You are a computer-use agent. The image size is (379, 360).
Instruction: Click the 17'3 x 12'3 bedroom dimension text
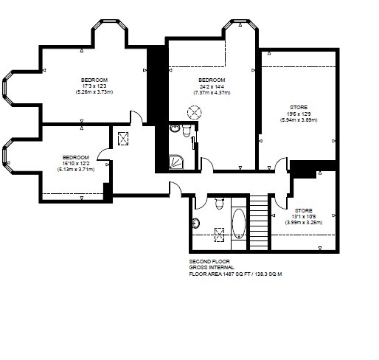click(94, 86)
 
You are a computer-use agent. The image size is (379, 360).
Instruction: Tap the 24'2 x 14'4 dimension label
click(212, 86)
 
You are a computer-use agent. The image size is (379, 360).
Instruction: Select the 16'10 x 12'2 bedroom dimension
click(76, 164)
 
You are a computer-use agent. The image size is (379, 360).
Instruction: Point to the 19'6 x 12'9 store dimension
click(299, 114)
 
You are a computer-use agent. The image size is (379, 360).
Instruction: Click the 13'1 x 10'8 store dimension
click(304, 217)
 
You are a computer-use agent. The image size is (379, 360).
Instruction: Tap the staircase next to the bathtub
click(259, 222)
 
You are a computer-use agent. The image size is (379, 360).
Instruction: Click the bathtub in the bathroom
click(239, 224)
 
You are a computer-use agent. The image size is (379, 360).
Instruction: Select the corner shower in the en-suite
click(176, 162)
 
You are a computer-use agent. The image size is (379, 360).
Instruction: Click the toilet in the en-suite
click(187, 131)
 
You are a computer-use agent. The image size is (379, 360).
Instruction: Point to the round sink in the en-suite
click(175, 128)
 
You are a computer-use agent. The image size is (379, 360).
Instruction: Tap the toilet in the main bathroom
click(219, 203)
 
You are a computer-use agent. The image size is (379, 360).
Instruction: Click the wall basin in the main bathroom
click(196, 224)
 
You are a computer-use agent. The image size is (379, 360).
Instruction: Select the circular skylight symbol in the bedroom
click(195, 113)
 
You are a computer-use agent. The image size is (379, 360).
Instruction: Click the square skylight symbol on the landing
click(123, 139)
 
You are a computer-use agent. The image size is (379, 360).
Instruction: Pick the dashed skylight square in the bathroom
click(219, 235)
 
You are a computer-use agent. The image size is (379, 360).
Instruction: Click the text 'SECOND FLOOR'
click(209, 261)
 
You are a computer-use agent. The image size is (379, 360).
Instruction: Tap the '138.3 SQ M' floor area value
click(268, 274)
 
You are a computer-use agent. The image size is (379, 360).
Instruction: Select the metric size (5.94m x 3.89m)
click(299, 120)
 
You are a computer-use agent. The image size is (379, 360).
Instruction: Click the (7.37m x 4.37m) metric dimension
click(212, 93)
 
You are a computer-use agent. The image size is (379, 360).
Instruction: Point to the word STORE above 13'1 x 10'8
click(304, 210)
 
